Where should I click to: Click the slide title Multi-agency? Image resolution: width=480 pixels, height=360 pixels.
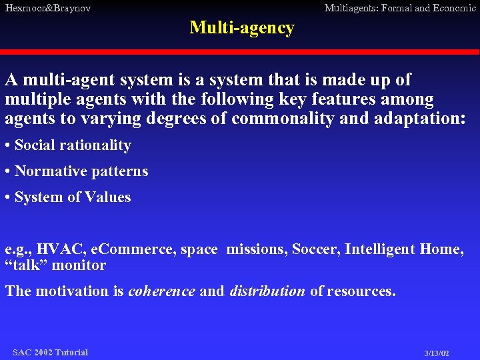click(241, 28)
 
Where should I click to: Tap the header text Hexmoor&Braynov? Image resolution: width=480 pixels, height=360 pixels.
click(47, 8)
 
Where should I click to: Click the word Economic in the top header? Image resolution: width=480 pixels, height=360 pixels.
click(453, 8)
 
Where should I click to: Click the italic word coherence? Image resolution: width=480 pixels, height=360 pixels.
click(161, 291)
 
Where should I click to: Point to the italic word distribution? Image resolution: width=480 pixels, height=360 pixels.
click(267, 291)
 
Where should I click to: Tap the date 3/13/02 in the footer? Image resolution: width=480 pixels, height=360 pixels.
click(437, 353)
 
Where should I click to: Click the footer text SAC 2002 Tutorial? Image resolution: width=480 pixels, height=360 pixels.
click(50, 352)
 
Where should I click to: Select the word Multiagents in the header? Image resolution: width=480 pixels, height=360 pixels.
click(350, 8)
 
